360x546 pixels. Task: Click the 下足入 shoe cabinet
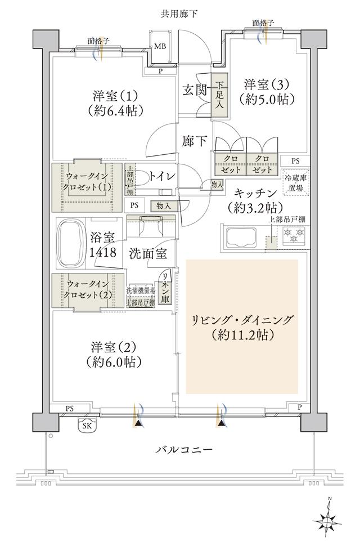[x=220, y=96]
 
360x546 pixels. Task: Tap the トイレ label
[x=162, y=176]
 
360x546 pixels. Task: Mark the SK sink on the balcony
[x=87, y=426]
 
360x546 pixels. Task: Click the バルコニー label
[x=183, y=450]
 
